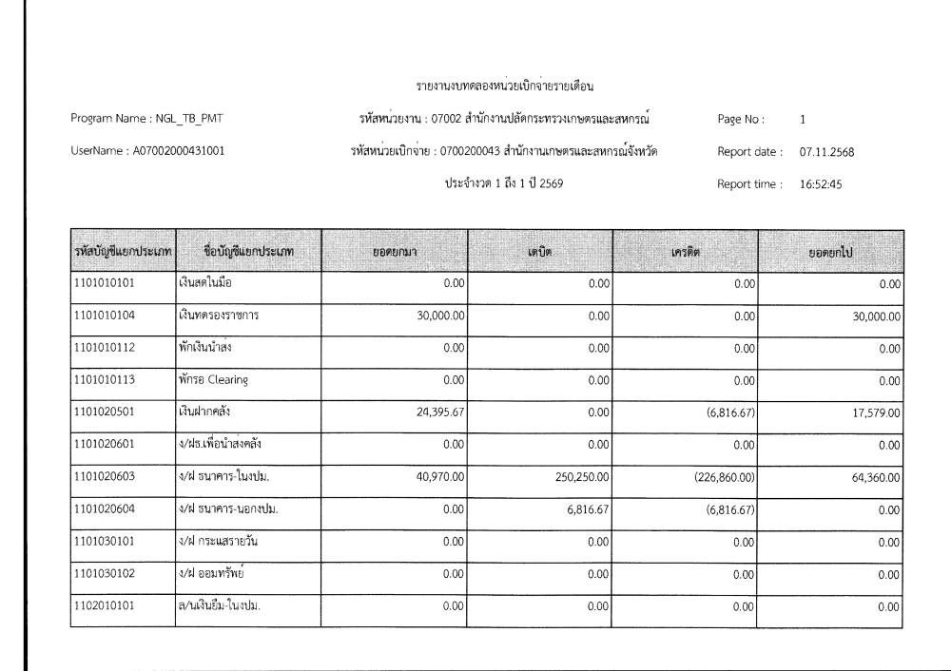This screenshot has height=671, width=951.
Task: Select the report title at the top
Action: [505, 87]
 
